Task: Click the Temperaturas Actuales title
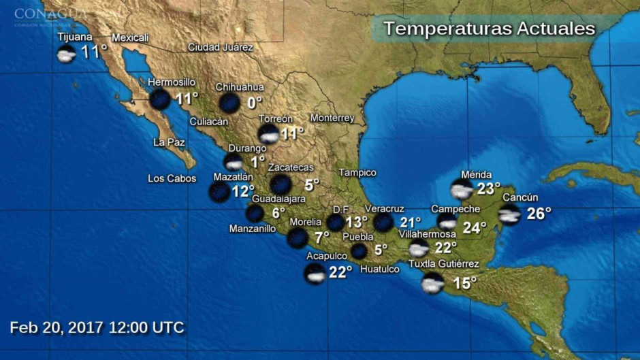[489, 29]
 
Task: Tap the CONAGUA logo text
[50, 14]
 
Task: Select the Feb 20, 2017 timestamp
[97, 327]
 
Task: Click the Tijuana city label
[74, 37]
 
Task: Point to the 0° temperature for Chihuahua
[255, 103]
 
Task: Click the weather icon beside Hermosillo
[160, 99]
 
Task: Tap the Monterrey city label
[332, 118]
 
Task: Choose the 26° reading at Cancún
[539, 214]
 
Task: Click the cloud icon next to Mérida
[462, 189]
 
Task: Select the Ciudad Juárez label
[220, 48]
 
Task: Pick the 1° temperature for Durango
[257, 162]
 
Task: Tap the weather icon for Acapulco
[315, 274]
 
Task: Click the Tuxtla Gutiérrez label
[443, 264]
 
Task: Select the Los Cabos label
[172, 179]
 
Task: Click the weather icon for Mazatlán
[219, 192]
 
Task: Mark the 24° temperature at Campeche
[475, 227]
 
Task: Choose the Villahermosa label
[427, 234]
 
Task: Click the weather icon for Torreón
[269, 133]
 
